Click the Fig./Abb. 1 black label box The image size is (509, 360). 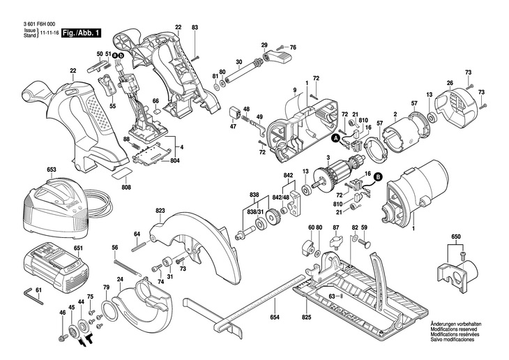pos(82,33)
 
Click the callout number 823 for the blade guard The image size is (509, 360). pos(160,211)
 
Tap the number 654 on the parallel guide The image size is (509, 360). pos(275,318)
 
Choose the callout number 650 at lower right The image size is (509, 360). pos(456,238)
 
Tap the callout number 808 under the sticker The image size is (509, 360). pos(126,187)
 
